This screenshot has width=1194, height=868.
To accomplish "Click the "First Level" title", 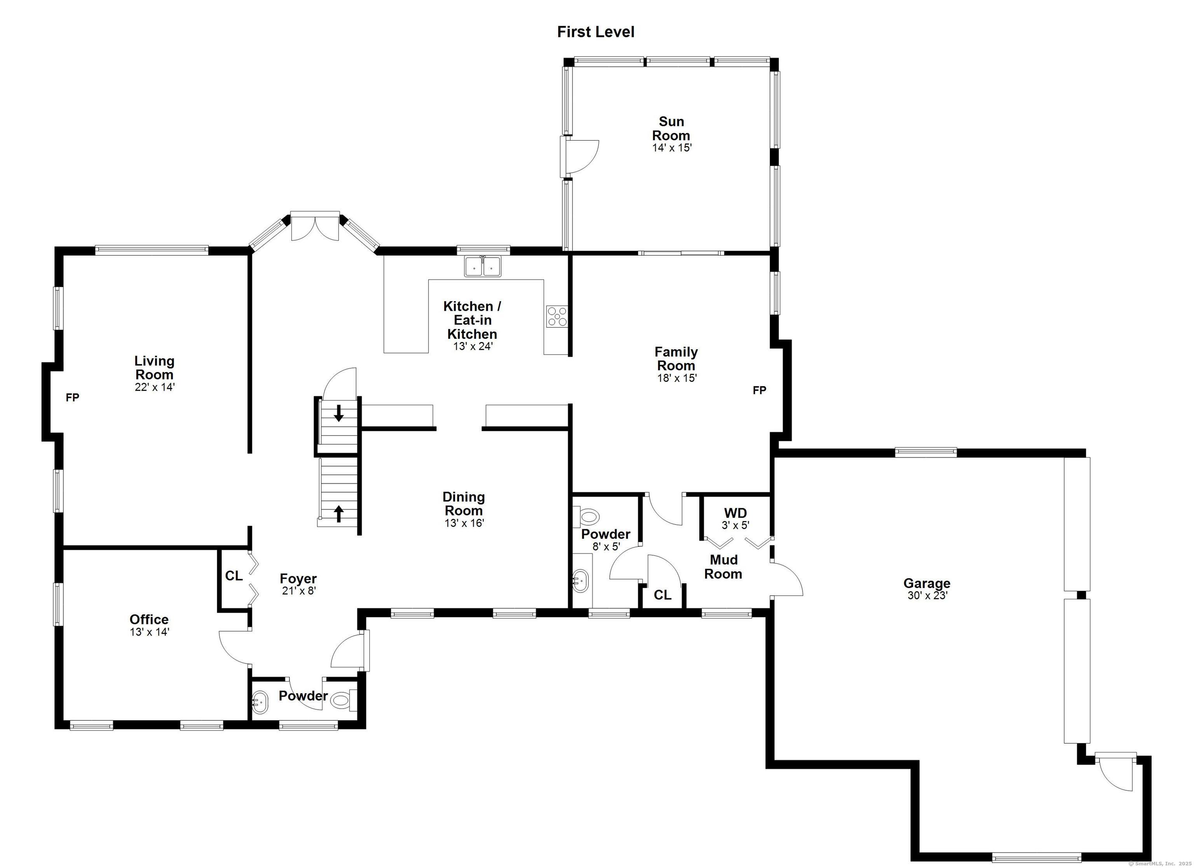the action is (x=595, y=32).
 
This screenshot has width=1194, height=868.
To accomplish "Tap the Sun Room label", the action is (x=671, y=129).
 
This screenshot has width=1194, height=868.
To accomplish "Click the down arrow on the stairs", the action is (x=339, y=413).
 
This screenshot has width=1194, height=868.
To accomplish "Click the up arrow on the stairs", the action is (x=339, y=513).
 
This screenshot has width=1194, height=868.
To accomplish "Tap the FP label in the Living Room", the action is (x=73, y=398).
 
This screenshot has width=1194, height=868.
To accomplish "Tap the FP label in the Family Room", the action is (x=759, y=390).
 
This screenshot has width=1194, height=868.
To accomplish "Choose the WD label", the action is (x=735, y=513).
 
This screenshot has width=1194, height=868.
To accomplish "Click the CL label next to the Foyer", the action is (x=234, y=576).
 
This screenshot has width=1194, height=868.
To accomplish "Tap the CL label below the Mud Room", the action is (x=662, y=595).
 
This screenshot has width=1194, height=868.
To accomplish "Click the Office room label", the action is (x=149, y=620).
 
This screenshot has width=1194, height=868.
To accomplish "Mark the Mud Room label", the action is (x=723, y=566).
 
